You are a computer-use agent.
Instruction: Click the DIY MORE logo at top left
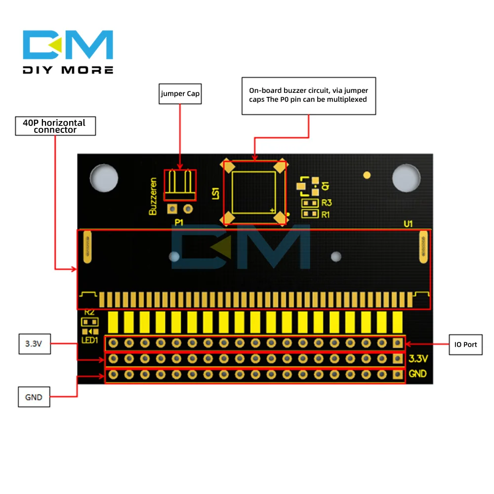[x=68, y=52]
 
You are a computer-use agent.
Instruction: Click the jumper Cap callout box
[x=180, y=93]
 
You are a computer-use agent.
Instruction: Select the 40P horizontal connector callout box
[x=55, y=126]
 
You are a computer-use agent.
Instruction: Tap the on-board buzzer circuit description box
[x=308, y=96]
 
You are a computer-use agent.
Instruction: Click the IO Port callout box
[x=466, y=344]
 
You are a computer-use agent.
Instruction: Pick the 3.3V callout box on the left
[x=34, y=344]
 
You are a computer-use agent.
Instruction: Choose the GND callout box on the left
[x=34, y=397]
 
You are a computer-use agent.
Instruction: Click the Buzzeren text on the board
[x=153, y=196]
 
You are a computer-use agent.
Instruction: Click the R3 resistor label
[x=326, y=203]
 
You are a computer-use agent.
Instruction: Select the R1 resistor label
[x=326, y=214]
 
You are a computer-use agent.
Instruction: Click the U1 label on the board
[x=408, y=224]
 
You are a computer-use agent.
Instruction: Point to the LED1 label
[x=90, y=340]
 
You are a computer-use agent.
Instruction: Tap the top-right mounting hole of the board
[x=406, y=176]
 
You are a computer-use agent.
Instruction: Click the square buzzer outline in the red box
[x=253, y=192]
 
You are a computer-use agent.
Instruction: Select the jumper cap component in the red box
[x=180, y=185]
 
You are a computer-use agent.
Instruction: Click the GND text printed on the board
[x=417, y=374]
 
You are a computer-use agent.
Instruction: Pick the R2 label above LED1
[x=89, y=312]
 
